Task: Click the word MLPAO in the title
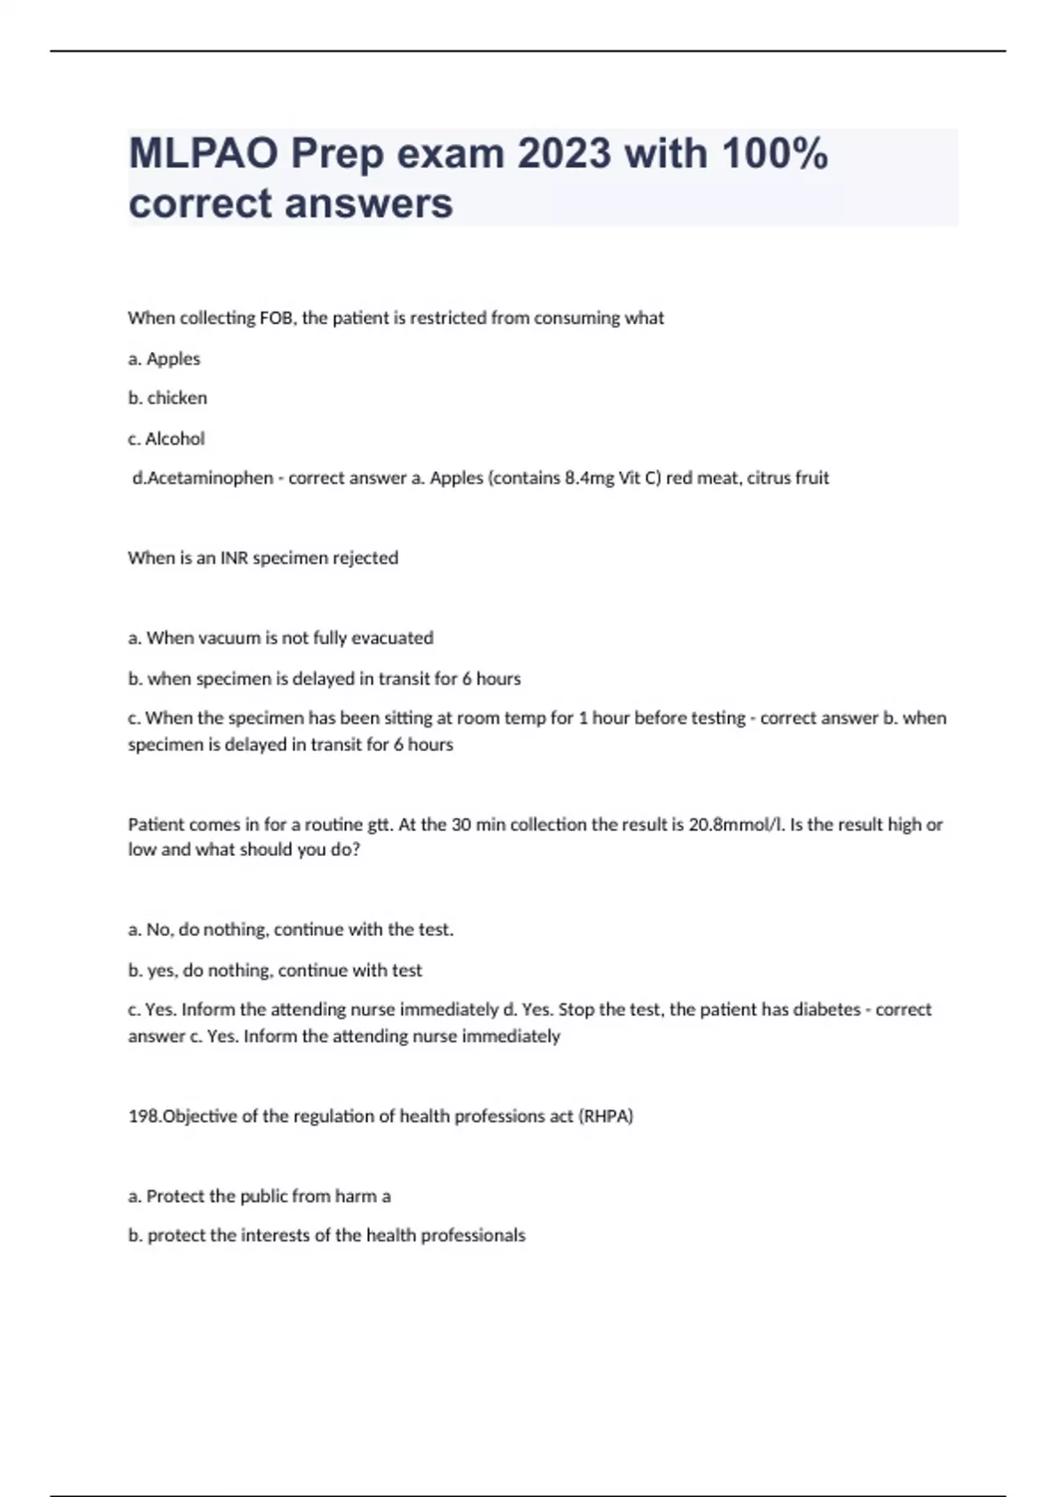[204, 154]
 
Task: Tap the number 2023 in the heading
[564, 154]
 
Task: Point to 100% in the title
[774, 154]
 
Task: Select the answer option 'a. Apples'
[164, 358]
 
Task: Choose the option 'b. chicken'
[167, 398]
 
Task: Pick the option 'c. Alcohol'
[166, 439]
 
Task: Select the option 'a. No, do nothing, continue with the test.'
[291, 930]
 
